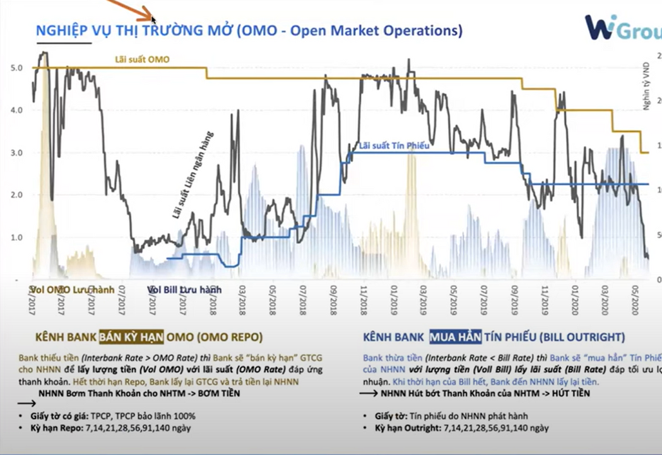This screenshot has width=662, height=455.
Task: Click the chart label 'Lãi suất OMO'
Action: [x=142, y=60]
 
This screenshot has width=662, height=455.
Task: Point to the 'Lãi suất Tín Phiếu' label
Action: [x=394, y=146]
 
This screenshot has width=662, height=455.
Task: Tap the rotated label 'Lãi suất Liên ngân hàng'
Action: [x=193, y=175]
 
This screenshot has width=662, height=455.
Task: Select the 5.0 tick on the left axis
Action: [x=18, y=68]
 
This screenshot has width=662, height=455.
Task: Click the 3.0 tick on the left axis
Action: [x=18, y=153]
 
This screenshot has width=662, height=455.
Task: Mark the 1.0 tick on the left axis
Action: [x=18, y=238]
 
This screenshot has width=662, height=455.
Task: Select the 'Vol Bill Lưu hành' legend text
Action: [x=184, y=289]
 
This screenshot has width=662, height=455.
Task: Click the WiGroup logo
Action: [x=622, y=28]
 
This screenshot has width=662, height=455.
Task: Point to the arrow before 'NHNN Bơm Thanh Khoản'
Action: [x=27, y=403]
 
